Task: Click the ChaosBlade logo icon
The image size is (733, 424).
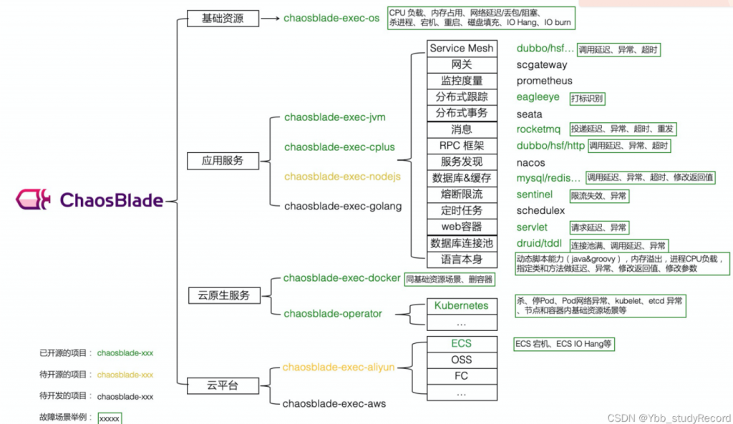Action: tap(33, 199)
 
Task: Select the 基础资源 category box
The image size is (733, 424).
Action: tap(223, 19)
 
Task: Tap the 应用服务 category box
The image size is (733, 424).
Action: tap(223, 161)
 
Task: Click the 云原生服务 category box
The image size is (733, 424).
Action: tap(224, 295)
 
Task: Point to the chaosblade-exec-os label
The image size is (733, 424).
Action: tap(331, 19)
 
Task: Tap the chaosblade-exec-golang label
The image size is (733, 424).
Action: tap(343, 206)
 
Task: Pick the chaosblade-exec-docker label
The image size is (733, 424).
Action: tap(341, 278)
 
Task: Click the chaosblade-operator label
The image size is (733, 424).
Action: tap(333, 313)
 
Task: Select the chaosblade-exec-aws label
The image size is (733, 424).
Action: tap(334, 404)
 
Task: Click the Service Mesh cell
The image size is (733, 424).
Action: tap(461, 49)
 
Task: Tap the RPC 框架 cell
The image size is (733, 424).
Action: tap(461, 146)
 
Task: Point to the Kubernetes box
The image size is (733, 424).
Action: tap(461, 305)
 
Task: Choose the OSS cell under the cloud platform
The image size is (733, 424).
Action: tap(461, 360)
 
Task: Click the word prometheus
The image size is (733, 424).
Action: tap(545, 81)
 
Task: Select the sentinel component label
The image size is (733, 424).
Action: tap(535, 194)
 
